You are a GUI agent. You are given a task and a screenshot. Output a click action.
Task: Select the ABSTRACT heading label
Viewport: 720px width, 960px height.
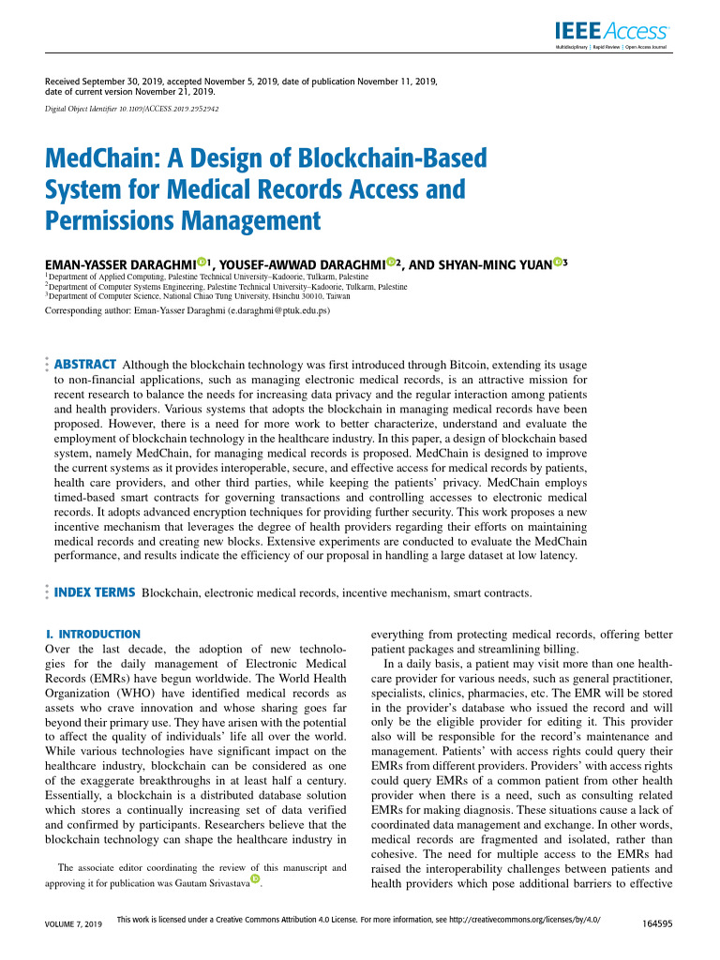click(85, 364)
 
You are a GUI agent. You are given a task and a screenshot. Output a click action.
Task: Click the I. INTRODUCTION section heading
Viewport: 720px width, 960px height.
click(93, 635)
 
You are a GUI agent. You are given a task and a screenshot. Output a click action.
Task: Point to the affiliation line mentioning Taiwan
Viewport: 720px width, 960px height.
click(199, 295)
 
